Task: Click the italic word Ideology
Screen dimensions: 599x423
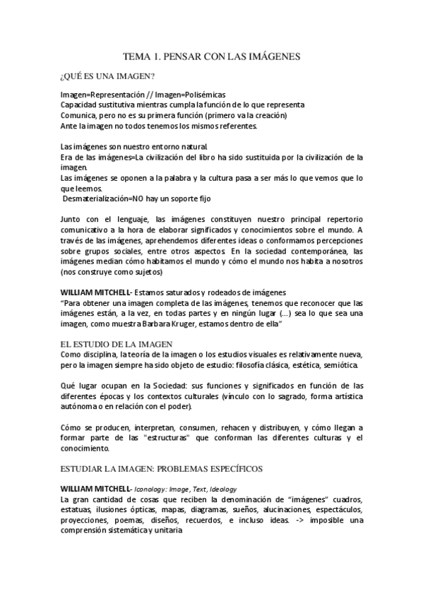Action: [x=218, y=489]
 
